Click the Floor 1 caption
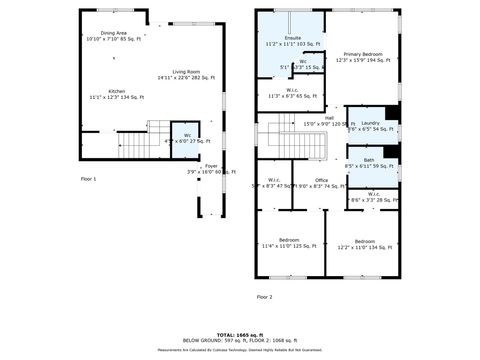pos(89,178)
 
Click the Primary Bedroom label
pos(363,56)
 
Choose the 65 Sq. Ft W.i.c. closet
pos(289,93)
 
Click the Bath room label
pos(369,163)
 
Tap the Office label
pos(321,183)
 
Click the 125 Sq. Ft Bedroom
pos(289,242)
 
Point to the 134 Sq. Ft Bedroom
pos(364,242)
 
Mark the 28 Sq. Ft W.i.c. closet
pos(373,197)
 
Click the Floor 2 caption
pos(264,297)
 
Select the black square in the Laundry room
pos(392,111)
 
